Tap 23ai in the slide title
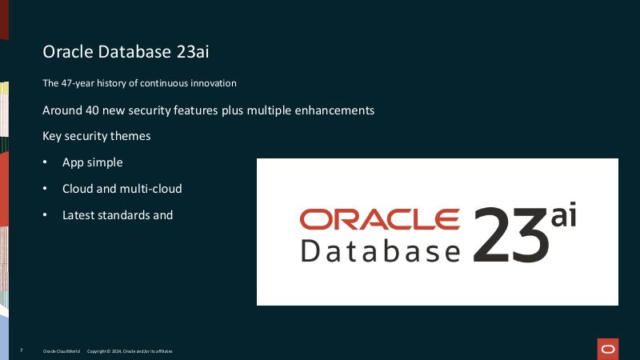pos(191,52)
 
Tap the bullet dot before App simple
pos(46,162)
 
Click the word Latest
pos(77,215)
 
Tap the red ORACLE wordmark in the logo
pos(379,218)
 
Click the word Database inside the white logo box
pos(380,250)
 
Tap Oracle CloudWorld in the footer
pos(60,351)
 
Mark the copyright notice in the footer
pos(130,351)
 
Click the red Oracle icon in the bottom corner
pos(608,349)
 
